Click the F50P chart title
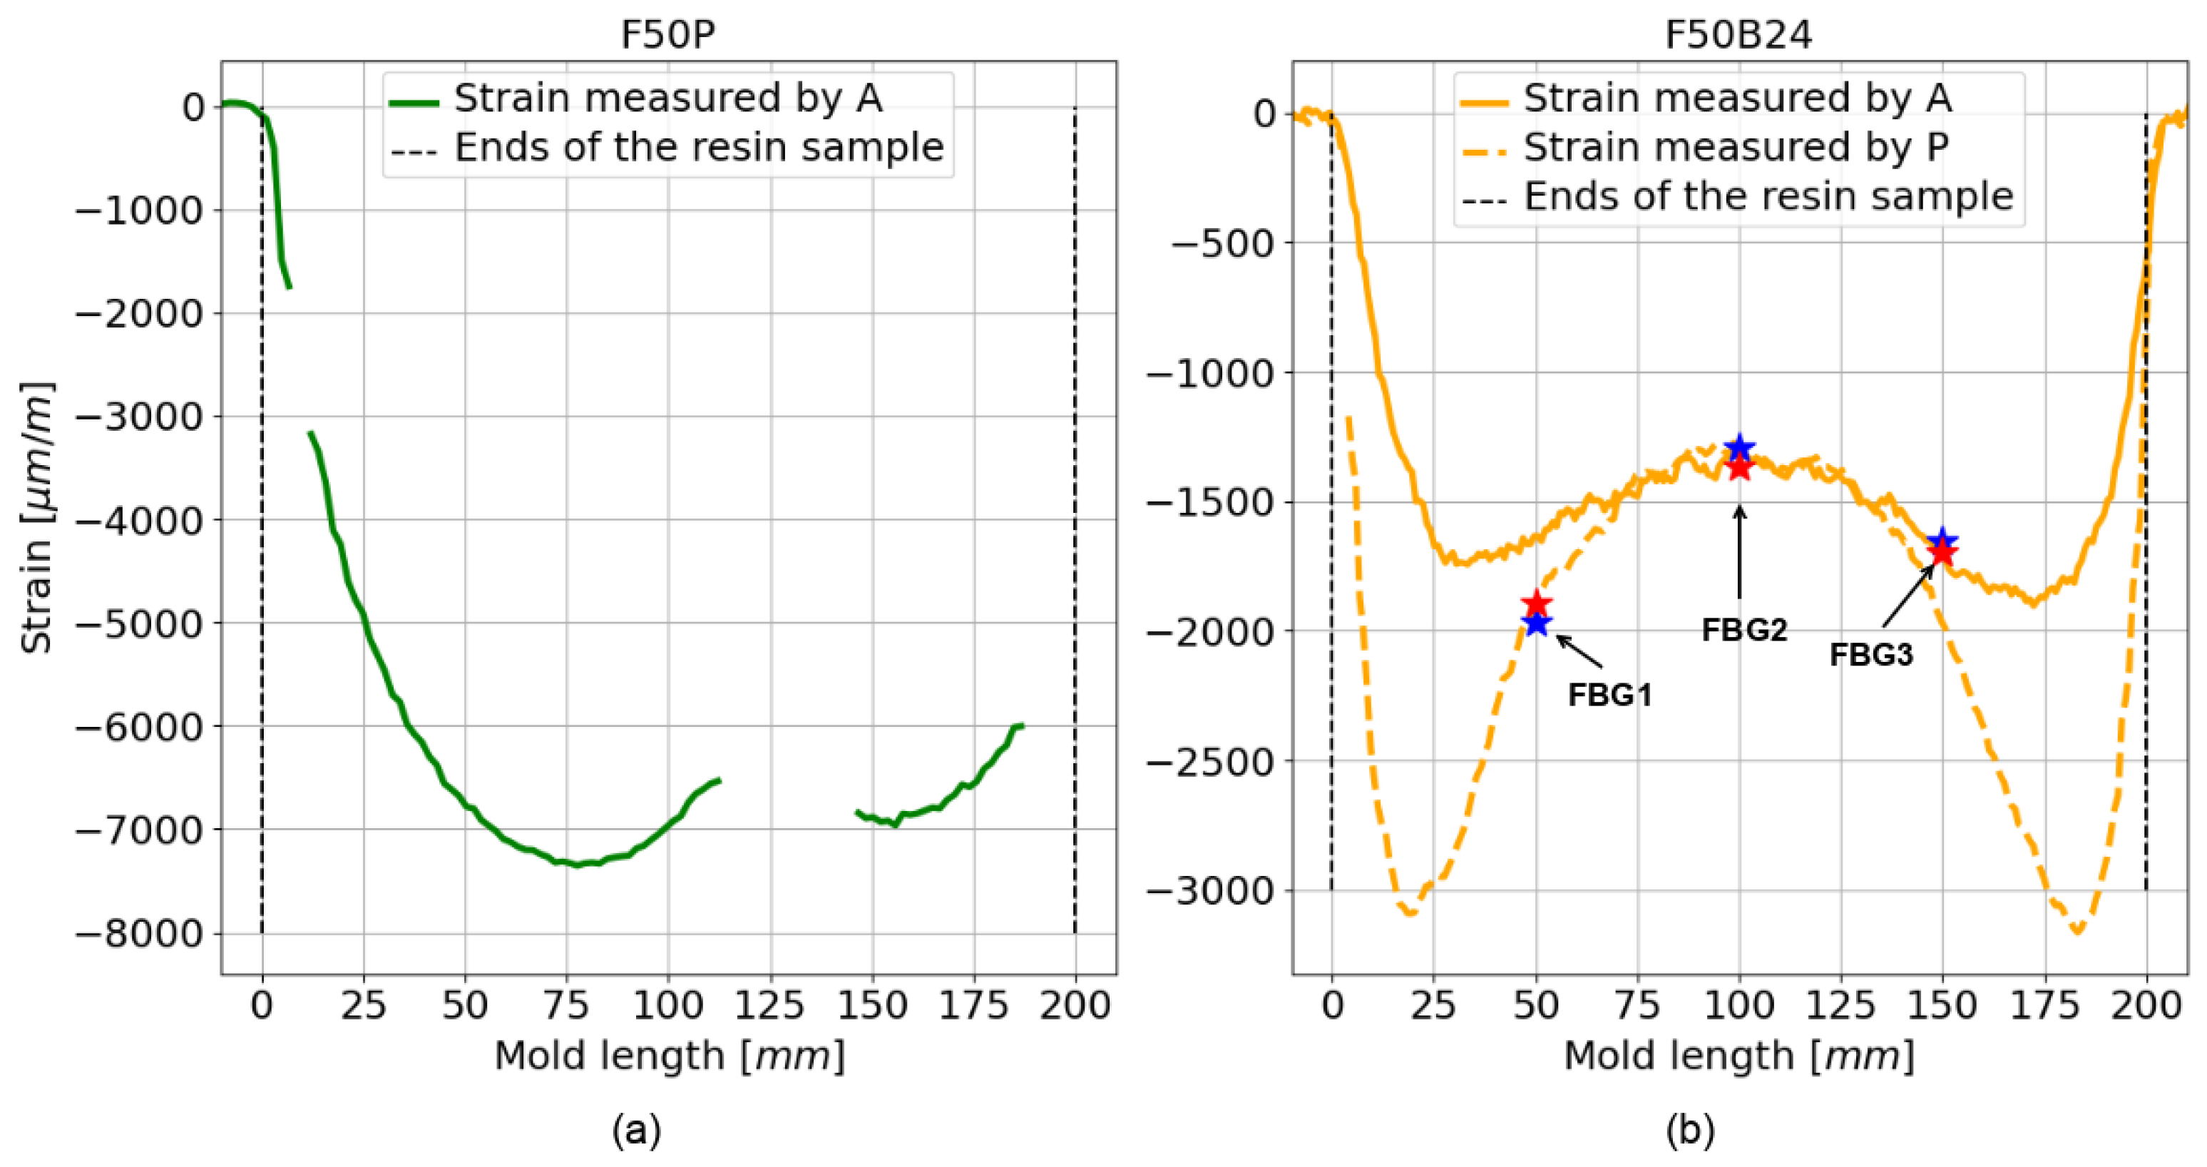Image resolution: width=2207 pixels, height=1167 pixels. (x=667, y=35)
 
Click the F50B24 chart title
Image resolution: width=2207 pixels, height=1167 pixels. (x=1739, y=35)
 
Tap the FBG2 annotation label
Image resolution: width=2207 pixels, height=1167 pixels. (x=1744, y=630)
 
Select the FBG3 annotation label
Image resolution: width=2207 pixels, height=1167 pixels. (x=1871, y=655)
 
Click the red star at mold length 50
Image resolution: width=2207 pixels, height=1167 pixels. (x=1537, y=603)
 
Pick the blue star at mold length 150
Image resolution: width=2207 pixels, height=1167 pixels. (x=1942, y=540)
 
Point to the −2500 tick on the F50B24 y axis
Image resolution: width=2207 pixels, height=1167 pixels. (x=1212, y=761)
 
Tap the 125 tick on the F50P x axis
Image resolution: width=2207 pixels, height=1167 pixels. (x=769, y=1004)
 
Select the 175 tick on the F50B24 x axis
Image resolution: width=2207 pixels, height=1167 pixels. (x=2044, y=1004)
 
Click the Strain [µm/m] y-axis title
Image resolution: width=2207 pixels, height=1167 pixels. (x=36, y=516)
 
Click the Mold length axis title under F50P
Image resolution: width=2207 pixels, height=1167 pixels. (x=669, y=1056)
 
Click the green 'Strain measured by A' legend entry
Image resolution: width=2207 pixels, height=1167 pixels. (x=667, y=98)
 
